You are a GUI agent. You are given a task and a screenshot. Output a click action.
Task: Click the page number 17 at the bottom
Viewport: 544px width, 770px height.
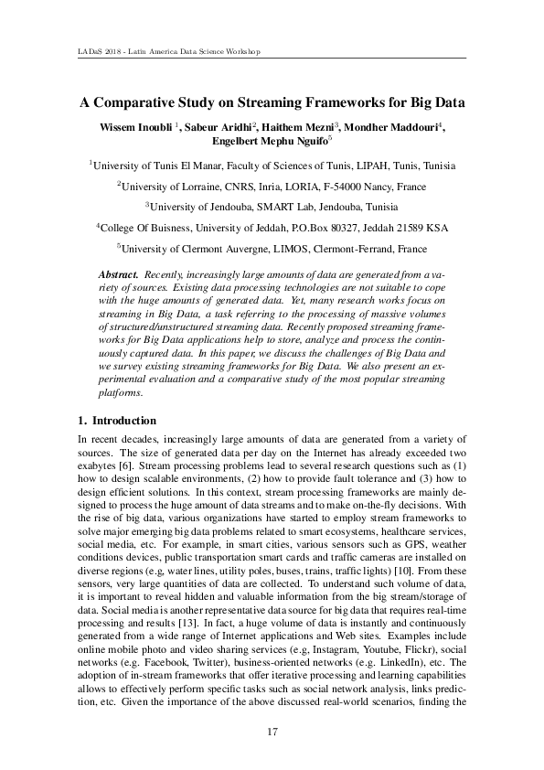click(272, 731)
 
